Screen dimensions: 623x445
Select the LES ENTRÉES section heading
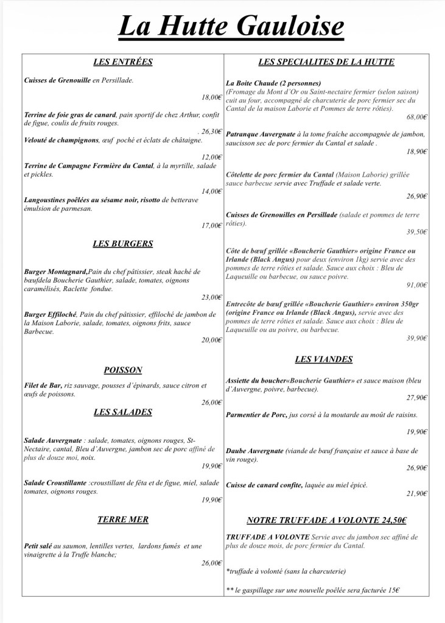pyautogui.click(x=122, y=62)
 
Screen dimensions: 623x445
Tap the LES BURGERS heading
pyautogui.click(x=122, y=244)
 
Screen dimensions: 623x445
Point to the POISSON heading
pyautogui.click(x=122, y=370)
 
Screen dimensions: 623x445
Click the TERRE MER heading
pyautogui.click(x=122, y=519)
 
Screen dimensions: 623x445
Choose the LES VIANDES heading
pyautogui.click(x=323, y=359)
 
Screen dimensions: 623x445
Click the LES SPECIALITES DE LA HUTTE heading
pyautogui.click(x=326, y=62)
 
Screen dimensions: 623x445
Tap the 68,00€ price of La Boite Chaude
pyautogui.click(x=417, y=117)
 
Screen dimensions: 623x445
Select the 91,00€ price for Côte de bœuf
pyautogui.click(x=417, y=284)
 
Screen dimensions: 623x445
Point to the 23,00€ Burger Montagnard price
pyautogui.click(x=211, y=297)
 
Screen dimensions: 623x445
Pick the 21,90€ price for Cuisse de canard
pyautogui.click(x=417, y=493)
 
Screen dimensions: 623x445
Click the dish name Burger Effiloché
pyautogui.click(x=49, y=314)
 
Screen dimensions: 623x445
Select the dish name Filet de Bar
pyautogui.click(x=43, y=385)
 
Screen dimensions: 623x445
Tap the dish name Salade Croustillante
pyautogui.click(x=55, y=483)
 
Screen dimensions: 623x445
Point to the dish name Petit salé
pyautogui.click(x=38, y=546)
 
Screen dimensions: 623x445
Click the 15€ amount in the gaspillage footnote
pyautogui.click(x=394, y=591)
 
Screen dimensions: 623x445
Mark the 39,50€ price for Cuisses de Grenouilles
pyautogui.click(x=417, y=232)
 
